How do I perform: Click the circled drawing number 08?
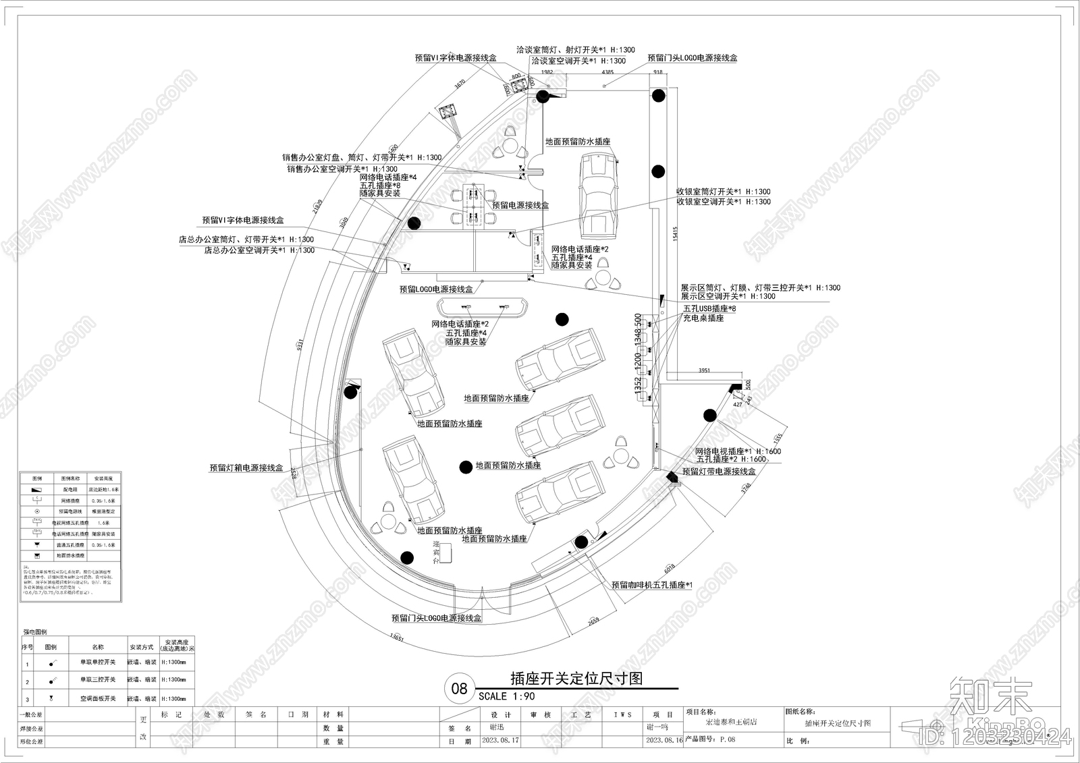[x=459, y=689]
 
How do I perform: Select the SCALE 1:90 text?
[x=506, y=696]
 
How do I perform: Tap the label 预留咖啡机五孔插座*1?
[x=652, y=586]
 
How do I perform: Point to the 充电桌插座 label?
[x=703, y=318]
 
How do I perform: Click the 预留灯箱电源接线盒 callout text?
[x=246, y=468]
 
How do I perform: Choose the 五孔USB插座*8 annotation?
[x=709, y=308]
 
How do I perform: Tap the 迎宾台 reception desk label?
[x=437, y=553]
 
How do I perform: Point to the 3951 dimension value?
[x=704, y=370]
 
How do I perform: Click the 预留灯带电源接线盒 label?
[x=718, y=472]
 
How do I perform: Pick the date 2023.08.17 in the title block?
[x=500, y=740]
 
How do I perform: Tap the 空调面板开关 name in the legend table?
[x=98, y=699]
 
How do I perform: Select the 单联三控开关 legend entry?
[x=98, y=679]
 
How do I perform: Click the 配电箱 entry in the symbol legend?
[x=71, y=489]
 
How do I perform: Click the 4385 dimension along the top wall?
[x=607, y=72]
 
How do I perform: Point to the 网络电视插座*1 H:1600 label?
[x=738, y=451]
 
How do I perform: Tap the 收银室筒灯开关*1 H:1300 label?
[x=723, y=192]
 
